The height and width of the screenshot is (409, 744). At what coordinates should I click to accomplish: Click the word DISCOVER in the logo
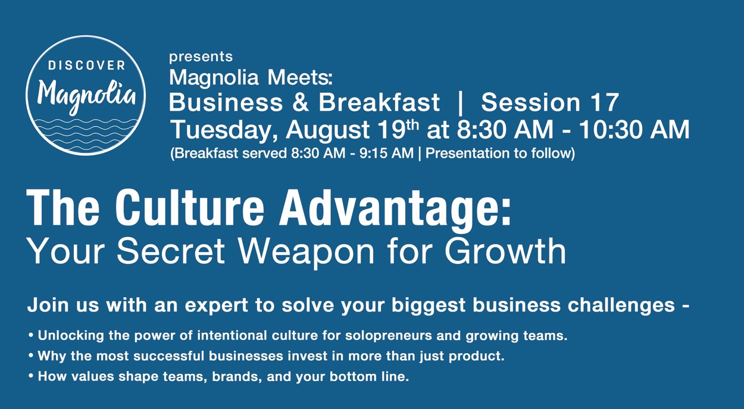pos(86,65)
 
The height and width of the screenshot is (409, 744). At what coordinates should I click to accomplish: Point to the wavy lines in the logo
pos(86,134)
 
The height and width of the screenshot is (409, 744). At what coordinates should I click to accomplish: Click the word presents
pos(201,56)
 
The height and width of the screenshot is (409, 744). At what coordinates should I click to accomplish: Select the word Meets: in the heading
pos(299,77)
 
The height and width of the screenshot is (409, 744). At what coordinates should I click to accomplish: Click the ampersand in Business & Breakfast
pos(300,102)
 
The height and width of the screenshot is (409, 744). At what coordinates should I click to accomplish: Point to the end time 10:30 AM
pos(634,130)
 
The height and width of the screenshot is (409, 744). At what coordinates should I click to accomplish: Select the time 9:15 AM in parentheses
pos(386,153)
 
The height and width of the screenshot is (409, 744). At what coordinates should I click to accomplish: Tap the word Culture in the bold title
pos(190,208)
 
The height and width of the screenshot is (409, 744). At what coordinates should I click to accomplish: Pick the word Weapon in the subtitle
pos(307,251)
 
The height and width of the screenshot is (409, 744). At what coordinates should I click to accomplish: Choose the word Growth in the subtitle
pos(505,251)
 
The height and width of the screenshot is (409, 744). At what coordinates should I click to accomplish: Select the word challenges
pos(621,305)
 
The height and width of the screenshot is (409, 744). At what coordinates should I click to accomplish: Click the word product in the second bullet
pos(477,356)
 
